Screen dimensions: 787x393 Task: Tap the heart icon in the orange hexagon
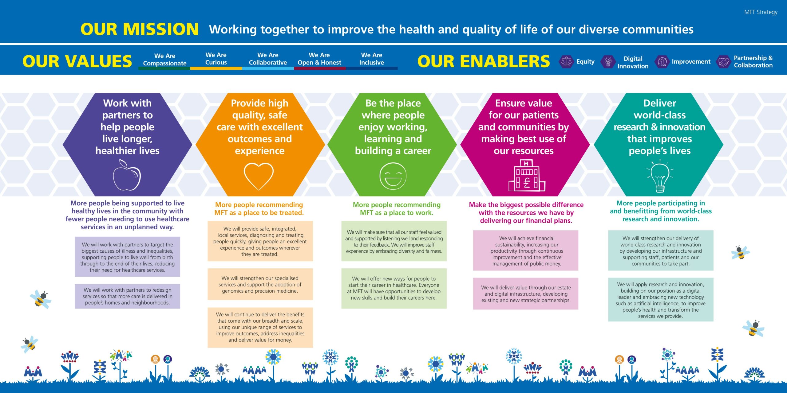click(259, 176)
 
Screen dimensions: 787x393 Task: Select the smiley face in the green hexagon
click(393, 176)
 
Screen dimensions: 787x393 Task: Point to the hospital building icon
click(527, 175)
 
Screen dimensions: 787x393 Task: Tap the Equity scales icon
click(566, 61)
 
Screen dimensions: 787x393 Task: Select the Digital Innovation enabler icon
click(608, 61)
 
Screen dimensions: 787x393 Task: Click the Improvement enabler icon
click(662, 61)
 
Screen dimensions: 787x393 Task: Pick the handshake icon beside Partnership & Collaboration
click(724, 61)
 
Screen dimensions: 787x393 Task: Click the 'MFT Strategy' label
click(761, 12)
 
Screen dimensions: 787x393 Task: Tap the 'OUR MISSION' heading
click(140, 29)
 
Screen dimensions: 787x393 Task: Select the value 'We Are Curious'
click(216, 59)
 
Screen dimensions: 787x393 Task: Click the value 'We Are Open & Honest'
click(319, 59)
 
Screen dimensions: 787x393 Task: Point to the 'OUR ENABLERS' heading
click(484, 61)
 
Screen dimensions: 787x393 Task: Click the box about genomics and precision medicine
click(260, 284)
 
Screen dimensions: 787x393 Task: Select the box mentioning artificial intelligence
click(661, 300)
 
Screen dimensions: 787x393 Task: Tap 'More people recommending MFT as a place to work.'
click(397, 208)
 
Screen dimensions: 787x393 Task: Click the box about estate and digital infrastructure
click(526, 294)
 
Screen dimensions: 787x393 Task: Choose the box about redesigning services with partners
click(127, 296)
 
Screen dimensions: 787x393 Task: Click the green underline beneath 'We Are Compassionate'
click(164, 68)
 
